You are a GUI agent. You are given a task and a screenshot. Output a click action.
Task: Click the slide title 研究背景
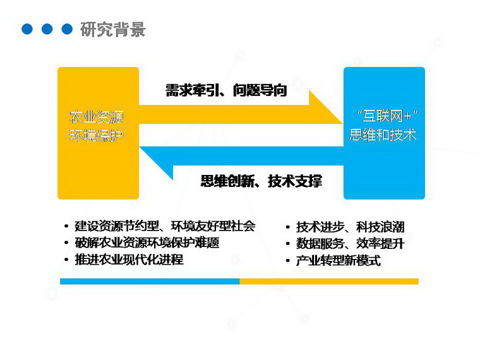(x=112, y=30)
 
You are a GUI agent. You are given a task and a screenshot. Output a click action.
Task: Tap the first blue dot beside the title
(x=27, y=29)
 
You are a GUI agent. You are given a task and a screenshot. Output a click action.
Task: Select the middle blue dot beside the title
(x=47, y=29)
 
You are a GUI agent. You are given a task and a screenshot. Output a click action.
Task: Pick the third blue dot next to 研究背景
(x=67, y=29)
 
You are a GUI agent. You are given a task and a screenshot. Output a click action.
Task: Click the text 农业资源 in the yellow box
(x=97, y=117)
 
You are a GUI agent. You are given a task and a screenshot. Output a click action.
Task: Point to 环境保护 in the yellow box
(x=97, y=135)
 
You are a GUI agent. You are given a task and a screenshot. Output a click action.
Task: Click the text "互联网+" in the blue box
(x=387, y=116)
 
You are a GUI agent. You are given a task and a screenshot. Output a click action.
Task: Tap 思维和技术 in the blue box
(x=383, y=135)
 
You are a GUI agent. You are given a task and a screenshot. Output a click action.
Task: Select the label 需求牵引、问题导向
(x=226, y=90)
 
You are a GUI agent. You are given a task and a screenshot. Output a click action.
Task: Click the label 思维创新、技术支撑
(x=261, y=181)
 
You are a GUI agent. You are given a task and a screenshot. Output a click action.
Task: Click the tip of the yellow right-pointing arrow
(x=342, y=123)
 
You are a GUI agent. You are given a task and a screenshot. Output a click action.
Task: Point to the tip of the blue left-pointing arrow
(x=140, y=147)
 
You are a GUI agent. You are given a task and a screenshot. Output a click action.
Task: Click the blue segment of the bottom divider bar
(x=150, y=281)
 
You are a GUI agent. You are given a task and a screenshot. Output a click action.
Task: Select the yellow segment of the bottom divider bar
(x=329, y=281)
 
